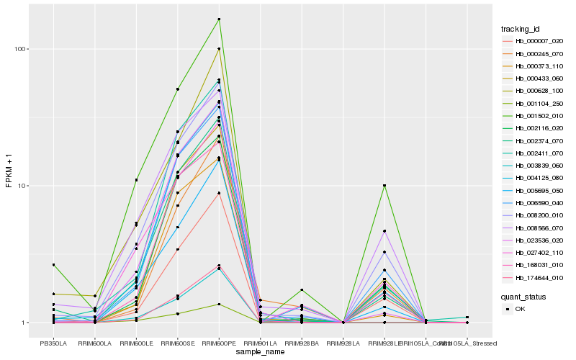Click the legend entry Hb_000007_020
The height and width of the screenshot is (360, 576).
pos(534,41)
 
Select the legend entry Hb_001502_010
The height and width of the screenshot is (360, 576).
pos(534,116)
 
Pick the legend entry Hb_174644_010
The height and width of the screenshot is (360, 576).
pos(534,277)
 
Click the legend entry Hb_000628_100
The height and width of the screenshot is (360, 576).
pos(534,91)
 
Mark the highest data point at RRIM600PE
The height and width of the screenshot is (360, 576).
pos(219,19)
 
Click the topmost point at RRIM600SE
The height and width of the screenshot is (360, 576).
pos(178,89)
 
